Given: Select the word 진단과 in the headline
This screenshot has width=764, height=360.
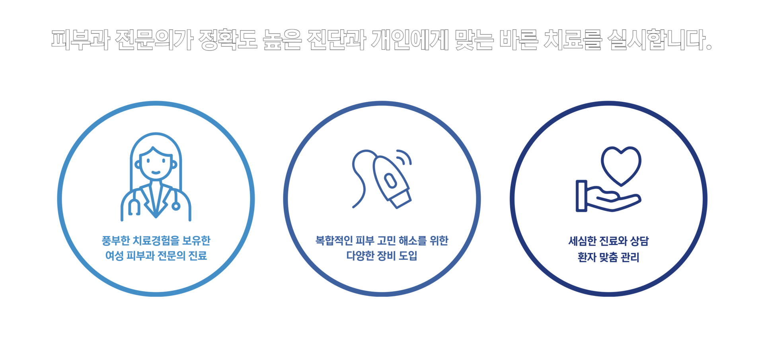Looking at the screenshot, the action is (x=337, y=40).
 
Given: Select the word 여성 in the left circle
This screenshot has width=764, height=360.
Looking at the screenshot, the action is (x=114, y=256).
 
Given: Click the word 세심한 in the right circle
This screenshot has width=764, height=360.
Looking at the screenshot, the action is (x=582, y=241).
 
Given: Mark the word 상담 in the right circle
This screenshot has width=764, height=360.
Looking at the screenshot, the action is (x=639, y=241).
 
